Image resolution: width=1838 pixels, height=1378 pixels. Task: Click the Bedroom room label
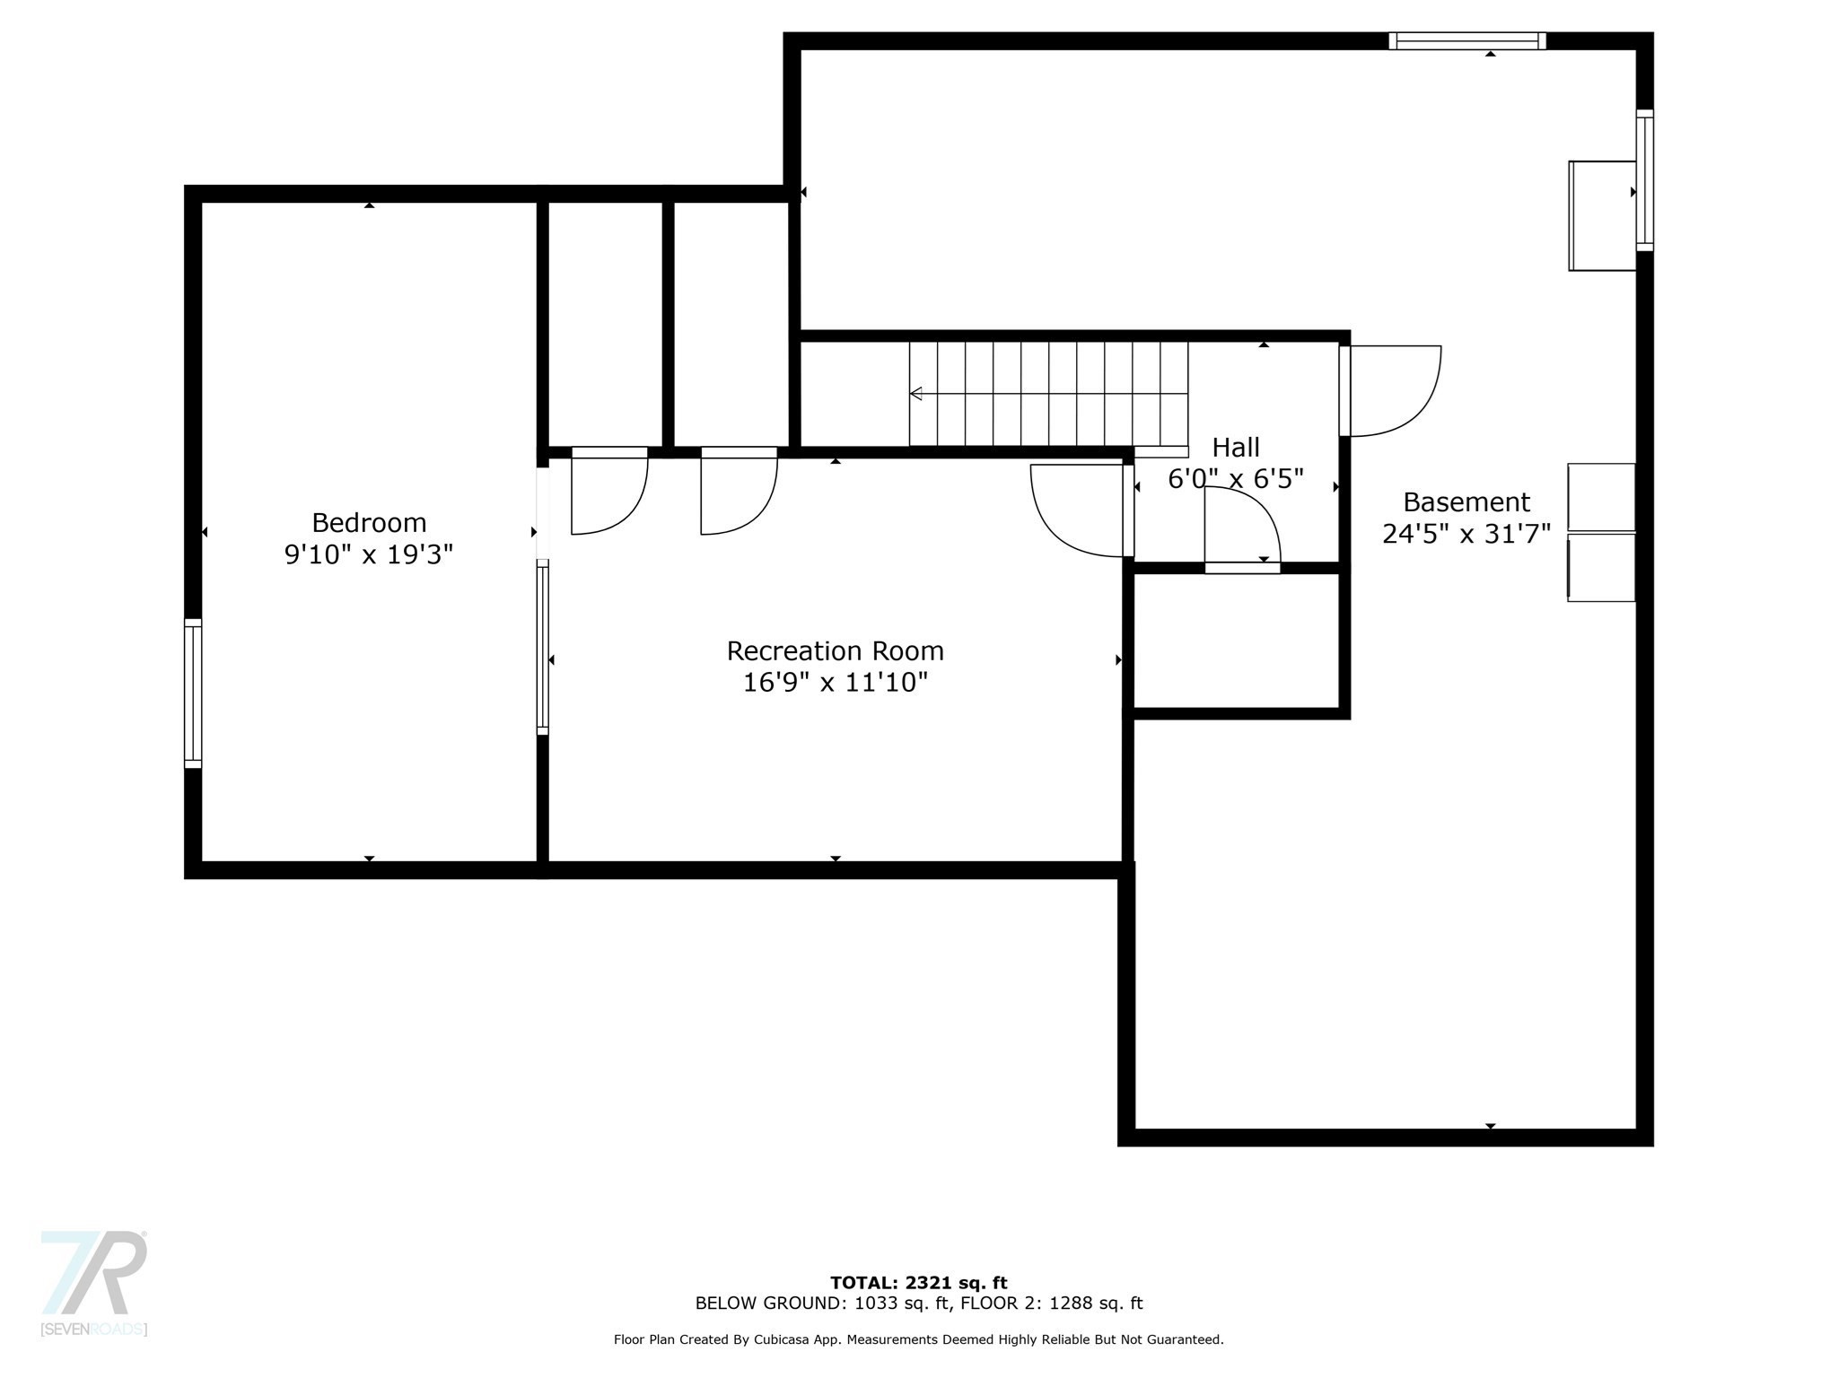coord(369,522)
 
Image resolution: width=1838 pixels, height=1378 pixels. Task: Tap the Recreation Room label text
coord(835,650)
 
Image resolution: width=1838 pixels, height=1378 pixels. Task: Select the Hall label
coord(1236,447)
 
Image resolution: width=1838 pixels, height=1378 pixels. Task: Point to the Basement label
coord(1466,501)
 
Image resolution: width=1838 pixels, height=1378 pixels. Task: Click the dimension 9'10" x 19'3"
coord(369,554)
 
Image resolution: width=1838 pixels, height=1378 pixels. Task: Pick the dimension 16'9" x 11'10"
coord(835,683)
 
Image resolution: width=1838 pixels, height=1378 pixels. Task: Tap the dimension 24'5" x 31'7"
coord(1466,534)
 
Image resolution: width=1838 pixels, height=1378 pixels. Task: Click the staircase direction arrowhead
coord(916,393)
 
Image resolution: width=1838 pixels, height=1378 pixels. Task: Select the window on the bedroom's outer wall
coord(193,693)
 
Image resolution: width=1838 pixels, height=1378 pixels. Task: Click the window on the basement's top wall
coord(1467,40)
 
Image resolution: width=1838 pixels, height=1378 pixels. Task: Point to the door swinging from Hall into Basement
coord(1389,391)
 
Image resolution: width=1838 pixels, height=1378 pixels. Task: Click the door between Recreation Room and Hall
coord(1082,510)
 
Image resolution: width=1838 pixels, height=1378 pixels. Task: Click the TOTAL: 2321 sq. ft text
coord(919,1283)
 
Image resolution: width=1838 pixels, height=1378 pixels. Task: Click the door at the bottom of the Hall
coord(1242,529)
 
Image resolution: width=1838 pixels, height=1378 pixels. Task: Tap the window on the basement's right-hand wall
coord(1644,179)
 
